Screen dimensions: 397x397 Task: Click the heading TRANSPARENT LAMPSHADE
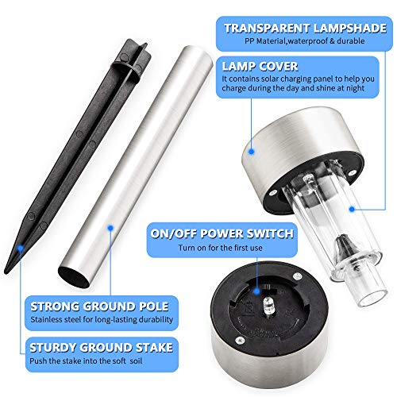coord(305,29)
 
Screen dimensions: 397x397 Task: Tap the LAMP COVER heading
coord(260,66)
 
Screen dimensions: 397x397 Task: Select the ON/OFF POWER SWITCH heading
coord(222,233)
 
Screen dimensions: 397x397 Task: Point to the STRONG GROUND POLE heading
coord(99,306)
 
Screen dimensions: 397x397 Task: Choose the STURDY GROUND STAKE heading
coord(101,348)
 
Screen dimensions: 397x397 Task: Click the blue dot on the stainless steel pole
coord(110,228)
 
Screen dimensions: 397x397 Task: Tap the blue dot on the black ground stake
coord(21,248)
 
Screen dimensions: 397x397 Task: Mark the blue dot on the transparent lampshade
coord(352,209)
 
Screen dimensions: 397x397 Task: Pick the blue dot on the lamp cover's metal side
coord(252,152)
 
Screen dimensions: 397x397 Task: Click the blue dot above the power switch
coord(256,291)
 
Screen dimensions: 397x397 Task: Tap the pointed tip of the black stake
coord(6,272)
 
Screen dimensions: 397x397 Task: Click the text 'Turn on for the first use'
coord(220,248)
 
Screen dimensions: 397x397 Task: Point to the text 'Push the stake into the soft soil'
coord(86,360)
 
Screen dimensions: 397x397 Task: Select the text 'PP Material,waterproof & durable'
coord(304,41)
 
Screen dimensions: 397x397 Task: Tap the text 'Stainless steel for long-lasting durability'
coord(102,319)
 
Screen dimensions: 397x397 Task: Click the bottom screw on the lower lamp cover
coord(240,340)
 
